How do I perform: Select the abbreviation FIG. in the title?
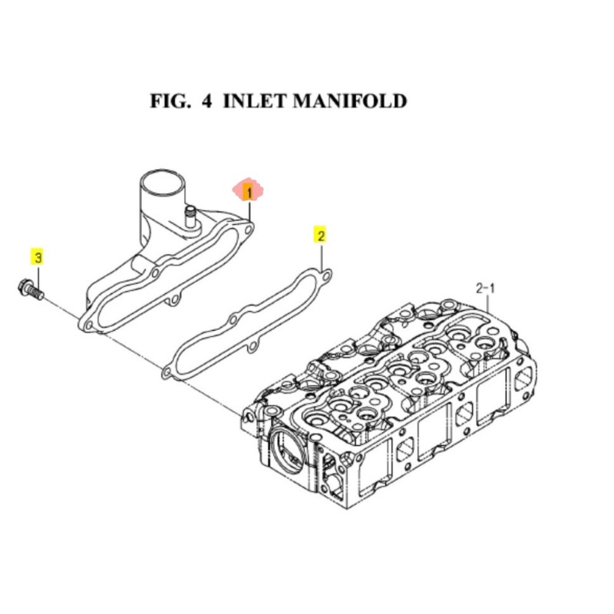click(x=170, y=101)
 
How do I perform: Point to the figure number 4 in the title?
click(x=206, y=101)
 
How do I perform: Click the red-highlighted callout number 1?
click(x=248, y=190)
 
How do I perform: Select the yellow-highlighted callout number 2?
click(x=321, y=234)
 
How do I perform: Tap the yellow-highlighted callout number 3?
click(x=37, y=256)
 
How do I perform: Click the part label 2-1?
click(x=487, y=289)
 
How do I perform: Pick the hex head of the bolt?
click(x=24, y=289)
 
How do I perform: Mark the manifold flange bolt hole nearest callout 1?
click(x=248, y=227)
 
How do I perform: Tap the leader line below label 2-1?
click(x=488, y=303)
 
